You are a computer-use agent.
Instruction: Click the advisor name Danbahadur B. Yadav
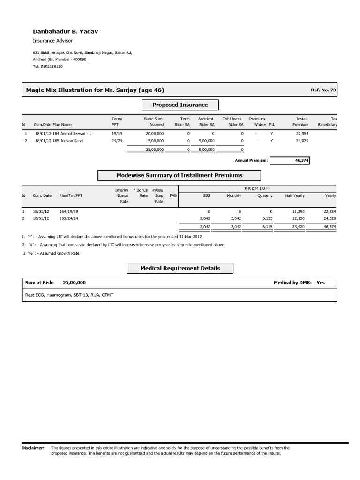pos(65,31)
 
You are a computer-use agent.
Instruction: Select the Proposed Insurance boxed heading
pos(180,105)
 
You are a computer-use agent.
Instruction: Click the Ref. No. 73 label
pos(323,90)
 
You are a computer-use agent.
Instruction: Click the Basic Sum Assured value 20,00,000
pos(154,134)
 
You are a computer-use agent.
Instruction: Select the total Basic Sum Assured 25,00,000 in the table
pos(154,149)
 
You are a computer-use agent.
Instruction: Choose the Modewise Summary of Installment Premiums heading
pos(179,175)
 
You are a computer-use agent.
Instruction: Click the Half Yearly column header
pos(294,195)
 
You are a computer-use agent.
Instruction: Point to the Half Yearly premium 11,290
pos(298,211)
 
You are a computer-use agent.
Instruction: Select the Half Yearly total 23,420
pos(298,227)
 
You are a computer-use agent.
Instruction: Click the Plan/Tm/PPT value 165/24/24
pos(69,218)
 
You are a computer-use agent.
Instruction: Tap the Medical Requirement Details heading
pos(180,268)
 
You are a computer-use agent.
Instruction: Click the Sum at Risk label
pos(40,283)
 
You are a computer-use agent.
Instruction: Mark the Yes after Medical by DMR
pos(321,283)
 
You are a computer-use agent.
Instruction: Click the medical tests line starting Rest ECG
pos(69,295)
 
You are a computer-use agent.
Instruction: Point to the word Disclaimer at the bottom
pos(33,448)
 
